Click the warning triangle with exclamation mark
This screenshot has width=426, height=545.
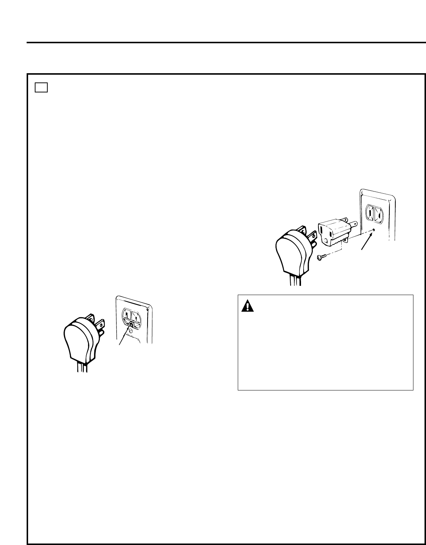pos(246,306)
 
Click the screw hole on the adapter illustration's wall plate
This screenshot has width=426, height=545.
pos(374,230)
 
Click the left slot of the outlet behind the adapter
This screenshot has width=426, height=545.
pos(370,214)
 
